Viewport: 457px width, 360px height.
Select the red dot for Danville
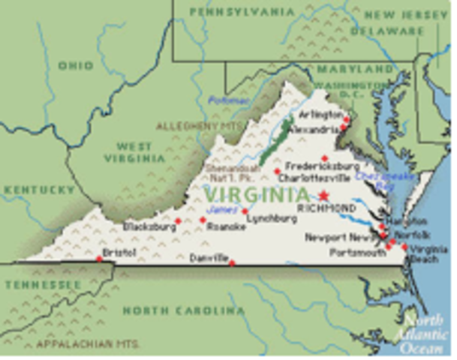coord(232,262)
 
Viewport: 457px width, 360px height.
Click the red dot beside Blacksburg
coord(178,220)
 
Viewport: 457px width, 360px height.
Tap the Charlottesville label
coord(313,178)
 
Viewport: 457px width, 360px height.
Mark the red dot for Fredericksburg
coord(324,158)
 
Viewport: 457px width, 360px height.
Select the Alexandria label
coord(316,129)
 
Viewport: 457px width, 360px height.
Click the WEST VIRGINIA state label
coord(134,152)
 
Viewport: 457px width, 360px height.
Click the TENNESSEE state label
coord(43,286)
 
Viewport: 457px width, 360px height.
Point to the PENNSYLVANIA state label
coord(242,12)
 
